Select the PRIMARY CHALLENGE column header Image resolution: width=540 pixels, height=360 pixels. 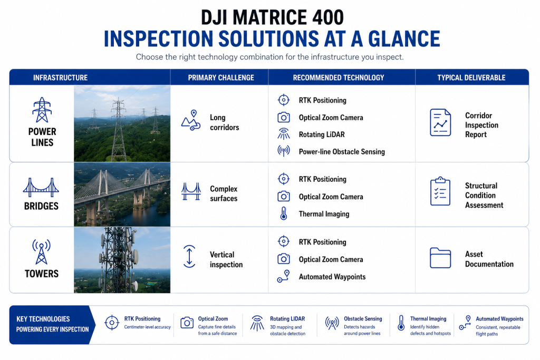pyautogui.click(x=221, y=78)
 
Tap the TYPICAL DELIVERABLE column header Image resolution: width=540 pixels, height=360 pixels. pyautogui.click(x=471, y=78)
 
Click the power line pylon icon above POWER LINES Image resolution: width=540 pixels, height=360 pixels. pyautogui.click(x=42, y=110)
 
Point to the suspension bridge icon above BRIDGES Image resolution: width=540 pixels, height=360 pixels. pyautogui.click(x=41, y=188)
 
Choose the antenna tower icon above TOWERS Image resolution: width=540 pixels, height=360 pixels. pyautogui.click(x=41, y=252)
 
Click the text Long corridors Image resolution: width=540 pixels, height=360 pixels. pyautogui.click(x=225, y=122)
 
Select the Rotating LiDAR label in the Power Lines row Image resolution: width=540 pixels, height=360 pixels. pyautogui.click(x=322, y=134)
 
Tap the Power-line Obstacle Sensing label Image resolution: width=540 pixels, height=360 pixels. pyautogui.click(x=342, y=152)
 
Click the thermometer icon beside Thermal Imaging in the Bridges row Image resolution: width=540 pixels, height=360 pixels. pyautogui.click(x=283, y=213)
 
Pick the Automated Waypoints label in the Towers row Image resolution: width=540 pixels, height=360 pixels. pyautogui.click(x=332, y=277)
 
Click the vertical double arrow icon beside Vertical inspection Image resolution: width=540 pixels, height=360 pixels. pyautogui.click(x=189, y=256)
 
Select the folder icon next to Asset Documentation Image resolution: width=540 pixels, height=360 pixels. pyautogui.click(x=440, y=258)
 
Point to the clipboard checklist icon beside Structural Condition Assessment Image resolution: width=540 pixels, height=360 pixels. pyautogui.click(x=440, y=192)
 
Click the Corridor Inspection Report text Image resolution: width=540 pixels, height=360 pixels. pyautogui.click(x=481, y=125)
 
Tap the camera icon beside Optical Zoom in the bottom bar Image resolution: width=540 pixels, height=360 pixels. pyautogui.click(x=187, y=323)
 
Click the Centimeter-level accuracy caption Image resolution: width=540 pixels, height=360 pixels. pyautogui.click(x=148, y=327)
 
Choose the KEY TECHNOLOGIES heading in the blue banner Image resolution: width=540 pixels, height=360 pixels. pyautogui.click(x=43, y=319)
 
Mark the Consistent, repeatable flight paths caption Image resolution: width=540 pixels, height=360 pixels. pyautogui.click(x=498, y=330)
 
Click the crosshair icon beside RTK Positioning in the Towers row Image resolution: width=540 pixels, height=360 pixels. pyautogui.click(x=283, y=241)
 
